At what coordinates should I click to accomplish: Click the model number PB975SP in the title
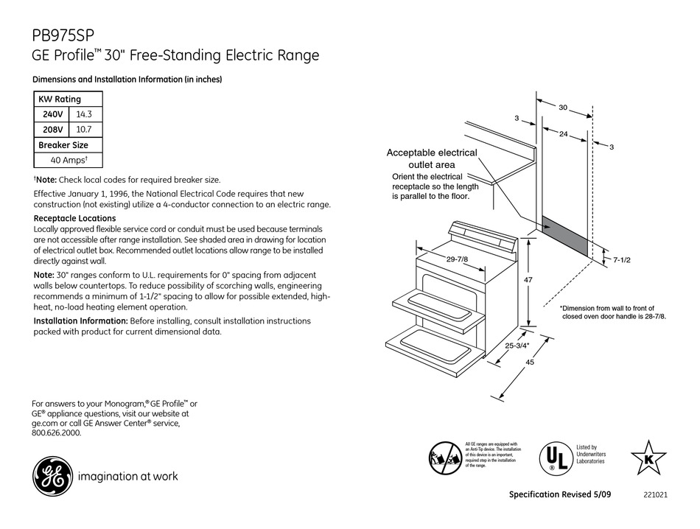(x=63, y=35)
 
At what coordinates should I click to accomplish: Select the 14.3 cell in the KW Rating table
(x=85, y=114)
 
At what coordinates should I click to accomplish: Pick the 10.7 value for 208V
(x=85, y=130)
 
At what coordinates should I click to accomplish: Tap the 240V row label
(x=52, y=114)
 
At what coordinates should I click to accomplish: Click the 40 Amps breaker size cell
(x=69, y=160)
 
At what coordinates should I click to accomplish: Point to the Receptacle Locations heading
(x=74, y=219)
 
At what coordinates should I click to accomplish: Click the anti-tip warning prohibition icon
(x=446, y=456)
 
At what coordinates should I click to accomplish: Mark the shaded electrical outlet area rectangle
(x=566, y=237)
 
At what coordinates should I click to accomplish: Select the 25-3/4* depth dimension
(x=516, y=344)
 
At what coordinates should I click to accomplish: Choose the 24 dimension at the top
(x=563, y=134)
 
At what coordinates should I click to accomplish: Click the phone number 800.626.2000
(x=57, y=434)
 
